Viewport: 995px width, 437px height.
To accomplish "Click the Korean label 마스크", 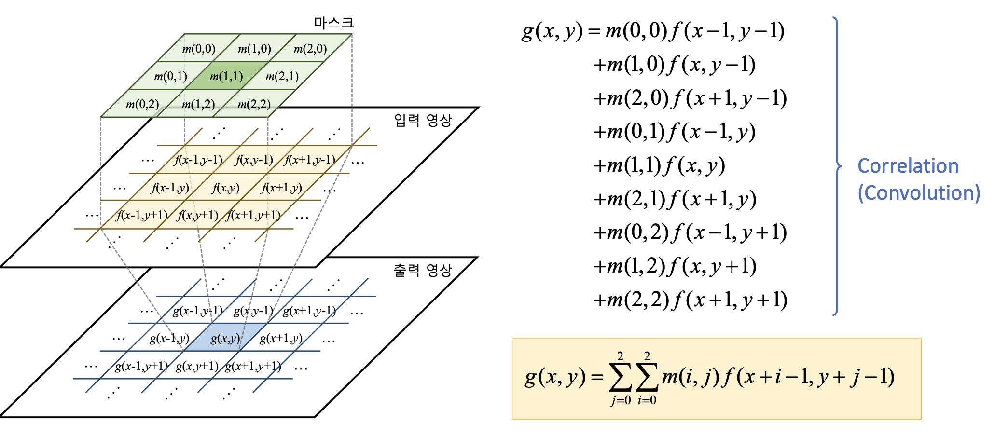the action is pyautogui.click(x=333, y=23).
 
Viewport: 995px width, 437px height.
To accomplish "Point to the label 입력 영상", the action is pyautogui.click(x=423, y=120).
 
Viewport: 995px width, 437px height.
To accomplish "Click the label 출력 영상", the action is pyautogui.click(x=423, y=271).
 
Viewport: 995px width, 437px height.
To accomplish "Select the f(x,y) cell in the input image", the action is pyautogui.click(x=225, y=188).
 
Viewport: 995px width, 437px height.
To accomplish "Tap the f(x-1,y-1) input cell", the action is pyautogui.click(x=198, y=160).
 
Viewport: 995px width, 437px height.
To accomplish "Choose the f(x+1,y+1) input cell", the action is pyautogui.click(x=254, y=215).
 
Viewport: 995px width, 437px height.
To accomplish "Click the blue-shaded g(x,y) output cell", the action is pyautogui.click(x=225, y=339).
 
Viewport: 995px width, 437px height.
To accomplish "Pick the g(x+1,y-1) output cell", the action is pyautogui.click(x=309, y=311).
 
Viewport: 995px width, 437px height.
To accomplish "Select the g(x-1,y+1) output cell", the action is pyautogui.click(x=141, y=367).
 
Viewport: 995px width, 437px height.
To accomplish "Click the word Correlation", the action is pyautogui.click(x=908, y=166).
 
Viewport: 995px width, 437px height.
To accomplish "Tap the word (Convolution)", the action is pyautogui.click(x=919, y=193).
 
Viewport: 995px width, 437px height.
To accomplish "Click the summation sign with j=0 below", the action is pyautogui.click(x=620, y=378).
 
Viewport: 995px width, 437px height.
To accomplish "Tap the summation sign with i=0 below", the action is pyautogui.click(x=647, y=378).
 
